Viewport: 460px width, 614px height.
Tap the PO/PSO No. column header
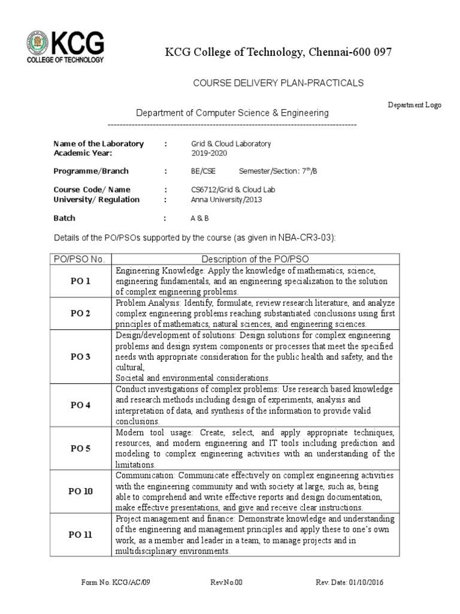[x=79, y=259]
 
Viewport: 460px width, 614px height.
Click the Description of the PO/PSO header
[x=255, y=259]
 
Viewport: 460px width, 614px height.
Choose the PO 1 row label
[x=80, y=281]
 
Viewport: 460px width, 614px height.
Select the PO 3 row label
[x=80, y=357]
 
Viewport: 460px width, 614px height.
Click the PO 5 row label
[x=80, y=448]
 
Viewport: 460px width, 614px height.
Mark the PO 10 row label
[x=80, y=491]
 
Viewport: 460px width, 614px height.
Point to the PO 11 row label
[x=80, y=535]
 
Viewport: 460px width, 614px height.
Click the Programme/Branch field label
[x=91, y=171]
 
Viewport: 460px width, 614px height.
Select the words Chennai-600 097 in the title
[x=350, y=53]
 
